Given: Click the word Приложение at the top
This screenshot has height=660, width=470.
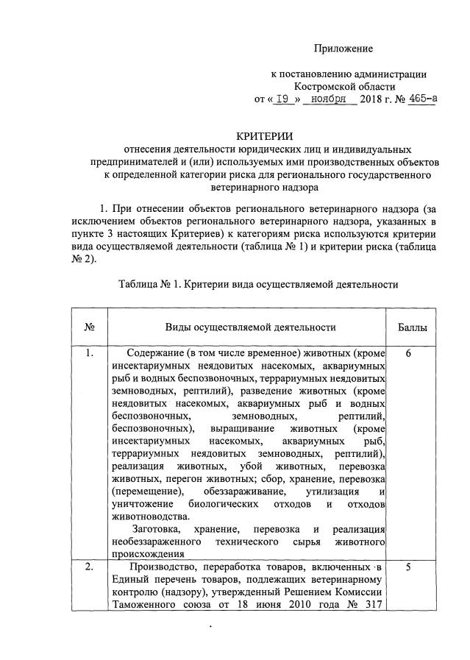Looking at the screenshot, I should click(x=343, y=49).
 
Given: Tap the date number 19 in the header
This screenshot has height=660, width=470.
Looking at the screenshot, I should click(x=280, y=99).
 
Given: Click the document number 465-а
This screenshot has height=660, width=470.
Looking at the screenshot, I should click(x=420, y=99).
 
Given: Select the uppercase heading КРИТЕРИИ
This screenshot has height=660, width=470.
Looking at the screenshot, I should click(x=264, y=135).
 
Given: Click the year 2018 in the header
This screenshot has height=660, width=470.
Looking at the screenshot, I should click(x=372, y=99).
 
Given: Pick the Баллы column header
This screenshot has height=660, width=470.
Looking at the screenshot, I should click(x=417, y=327).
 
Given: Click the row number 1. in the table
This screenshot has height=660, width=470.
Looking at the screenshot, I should click(x=89, y=353).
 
